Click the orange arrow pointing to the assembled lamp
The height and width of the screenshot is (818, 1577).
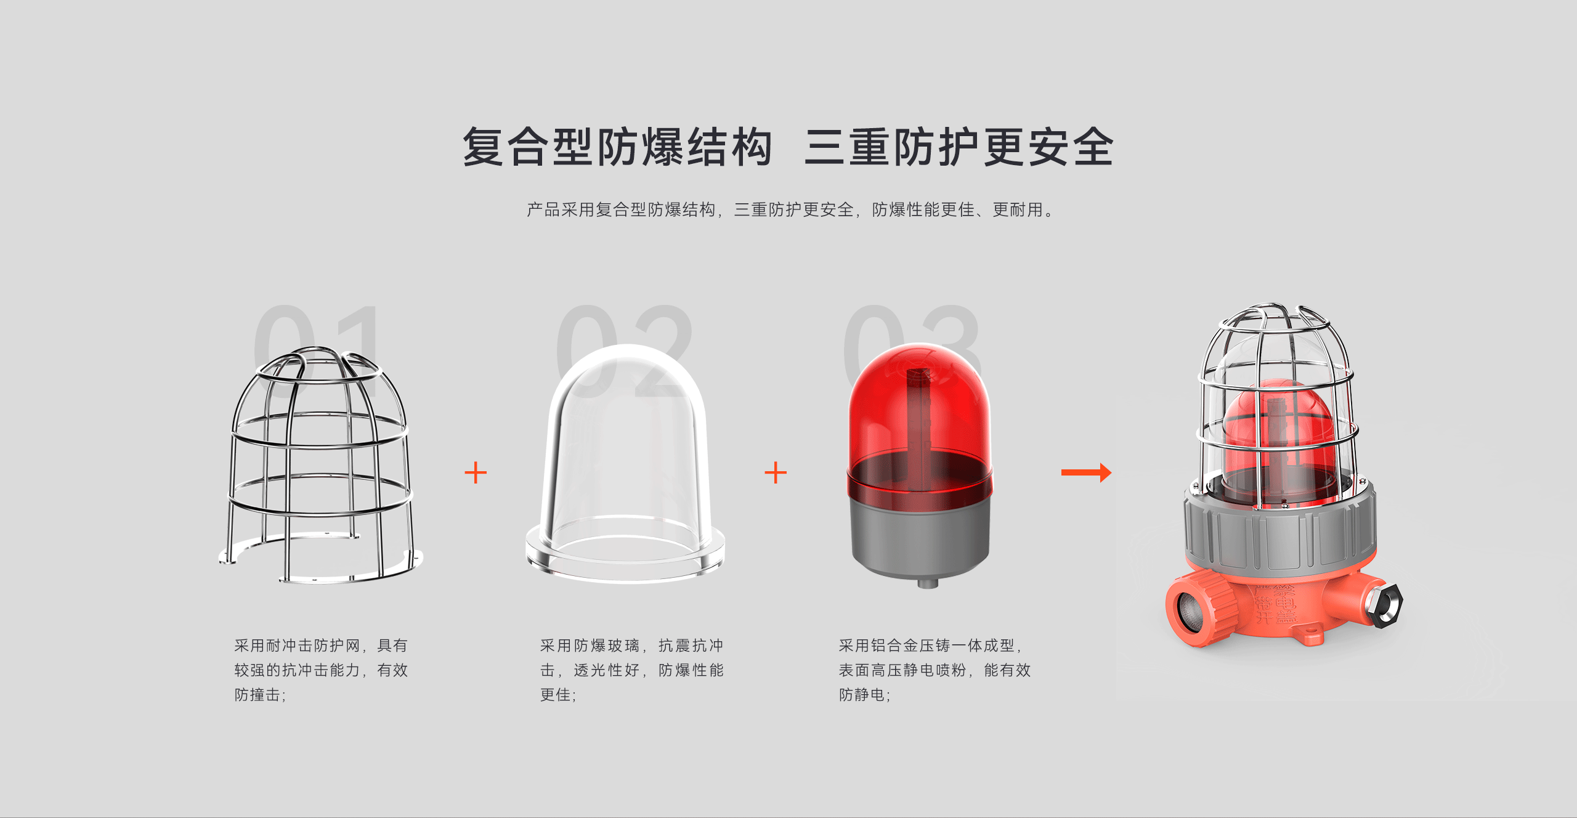[1086, 472]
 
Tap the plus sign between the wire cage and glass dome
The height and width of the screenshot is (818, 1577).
[476, 472]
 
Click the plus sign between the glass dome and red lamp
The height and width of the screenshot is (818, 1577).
[776, 472]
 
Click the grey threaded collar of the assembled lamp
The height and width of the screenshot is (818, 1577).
[1280, 533]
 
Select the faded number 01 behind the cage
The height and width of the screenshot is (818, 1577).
[318, 352]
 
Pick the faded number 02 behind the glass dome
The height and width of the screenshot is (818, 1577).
[623, 352]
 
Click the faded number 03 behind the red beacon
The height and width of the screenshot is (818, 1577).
[912, 352]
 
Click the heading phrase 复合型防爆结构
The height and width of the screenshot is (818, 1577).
[617, 147]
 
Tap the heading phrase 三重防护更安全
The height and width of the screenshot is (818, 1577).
[959, 147]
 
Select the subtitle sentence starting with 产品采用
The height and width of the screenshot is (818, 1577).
[790, 210]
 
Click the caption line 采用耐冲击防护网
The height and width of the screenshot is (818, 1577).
[297, 646]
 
